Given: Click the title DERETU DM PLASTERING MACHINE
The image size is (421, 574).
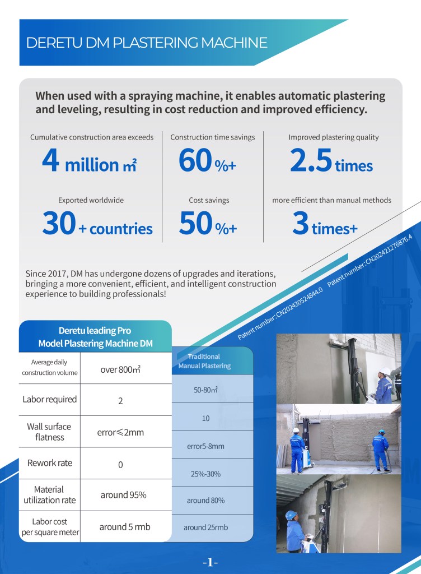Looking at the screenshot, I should pyautogui.click(x=147, y=43).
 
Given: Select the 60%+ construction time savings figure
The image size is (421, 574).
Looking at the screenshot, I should pyautogui.click(x=208, y=161).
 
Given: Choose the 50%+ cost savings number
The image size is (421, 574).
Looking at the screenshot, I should pyautogui.click(x=208, y=224).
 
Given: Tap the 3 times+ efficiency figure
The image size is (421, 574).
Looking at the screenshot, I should pyautogui.click(x=325, y=224).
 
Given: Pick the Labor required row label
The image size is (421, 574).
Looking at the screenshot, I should pyautogui.click(x=50, y=400).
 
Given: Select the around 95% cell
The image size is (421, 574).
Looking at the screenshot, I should pyautogui.click(x=123, y=495).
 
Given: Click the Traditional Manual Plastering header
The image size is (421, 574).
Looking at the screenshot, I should pyautogui.click(x=204, y=361).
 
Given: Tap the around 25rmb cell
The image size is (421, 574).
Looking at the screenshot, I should pyautogui.click(x=205, y=527).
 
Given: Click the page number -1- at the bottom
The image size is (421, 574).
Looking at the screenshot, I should pyautogui.click(x=210, y=562).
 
